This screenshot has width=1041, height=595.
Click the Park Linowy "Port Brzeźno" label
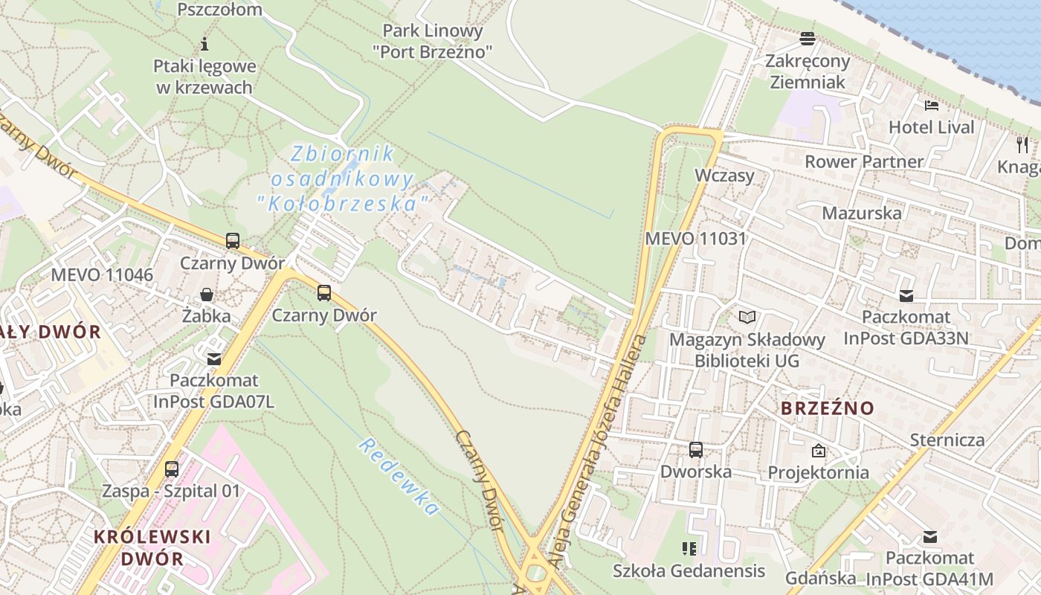432,41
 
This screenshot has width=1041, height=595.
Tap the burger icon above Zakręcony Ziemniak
808,39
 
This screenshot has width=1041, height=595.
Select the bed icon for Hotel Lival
931,105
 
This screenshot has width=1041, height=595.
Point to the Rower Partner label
863,161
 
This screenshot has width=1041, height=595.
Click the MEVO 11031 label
695,239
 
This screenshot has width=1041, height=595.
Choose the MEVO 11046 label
102,274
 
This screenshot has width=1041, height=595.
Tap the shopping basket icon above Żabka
207,295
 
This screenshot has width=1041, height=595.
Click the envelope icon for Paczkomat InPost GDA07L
214,359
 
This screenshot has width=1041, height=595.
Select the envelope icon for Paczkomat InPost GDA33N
906,295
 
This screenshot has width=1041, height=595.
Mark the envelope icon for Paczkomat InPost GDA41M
929,536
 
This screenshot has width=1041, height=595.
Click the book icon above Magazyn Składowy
747,318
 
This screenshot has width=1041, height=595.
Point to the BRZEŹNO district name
828,408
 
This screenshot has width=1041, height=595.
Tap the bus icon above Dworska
696,450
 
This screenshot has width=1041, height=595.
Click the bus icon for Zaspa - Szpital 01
172,469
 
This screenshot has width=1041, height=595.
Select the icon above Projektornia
819,451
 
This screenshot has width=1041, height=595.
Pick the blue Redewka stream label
399,477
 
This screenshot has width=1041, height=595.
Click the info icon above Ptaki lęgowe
204,44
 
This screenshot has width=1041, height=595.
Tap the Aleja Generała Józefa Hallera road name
599,446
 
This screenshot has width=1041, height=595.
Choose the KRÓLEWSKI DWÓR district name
152,547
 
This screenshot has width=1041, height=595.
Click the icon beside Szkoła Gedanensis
689,549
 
